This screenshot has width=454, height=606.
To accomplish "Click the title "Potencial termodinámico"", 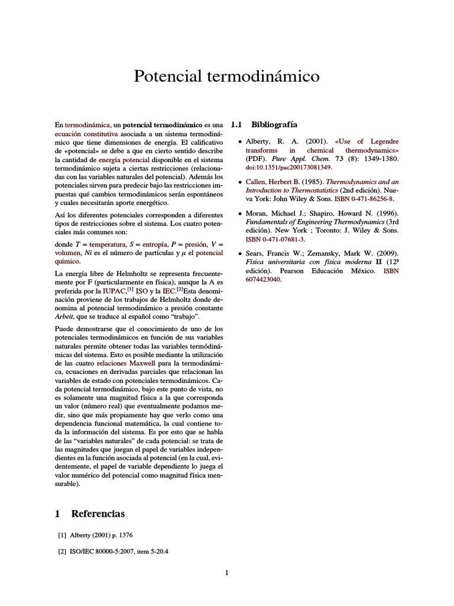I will click(227, 76).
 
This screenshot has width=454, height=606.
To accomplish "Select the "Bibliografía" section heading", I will click(274, 125).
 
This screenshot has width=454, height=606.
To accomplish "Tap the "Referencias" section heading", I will click(98, 513).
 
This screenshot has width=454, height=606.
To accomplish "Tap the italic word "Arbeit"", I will click(63, 317).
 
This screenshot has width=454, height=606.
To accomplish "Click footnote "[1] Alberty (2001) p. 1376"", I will click(95, 535).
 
